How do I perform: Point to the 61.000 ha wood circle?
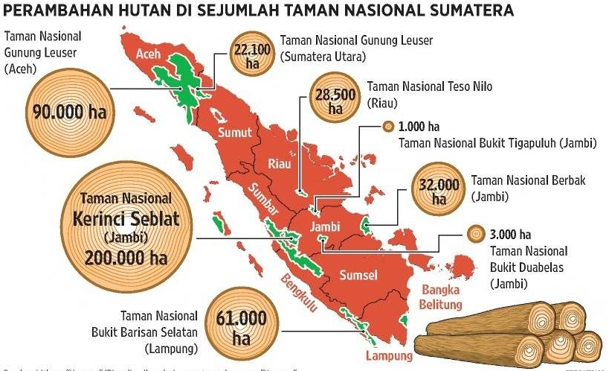coord(240,325)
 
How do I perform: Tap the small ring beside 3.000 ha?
coord(473,235)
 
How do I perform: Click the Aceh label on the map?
coord(148,54)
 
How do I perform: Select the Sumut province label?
coord(235,133)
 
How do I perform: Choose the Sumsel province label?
coord(358,276)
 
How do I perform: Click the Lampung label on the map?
coord(373,355)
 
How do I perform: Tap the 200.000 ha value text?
coord(126,258)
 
